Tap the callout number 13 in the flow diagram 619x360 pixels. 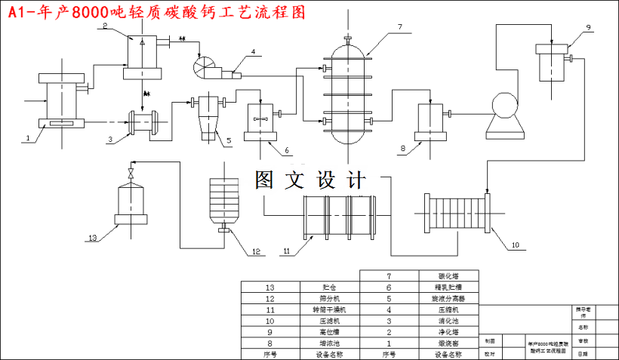click(93, 238)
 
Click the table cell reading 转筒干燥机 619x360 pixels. click(330, 309)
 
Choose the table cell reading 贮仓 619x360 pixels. click(330, 288)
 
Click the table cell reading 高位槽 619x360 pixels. click(330, 331)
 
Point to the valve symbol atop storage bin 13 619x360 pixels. click(132, 174)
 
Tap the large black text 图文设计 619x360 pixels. click(309, 180)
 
